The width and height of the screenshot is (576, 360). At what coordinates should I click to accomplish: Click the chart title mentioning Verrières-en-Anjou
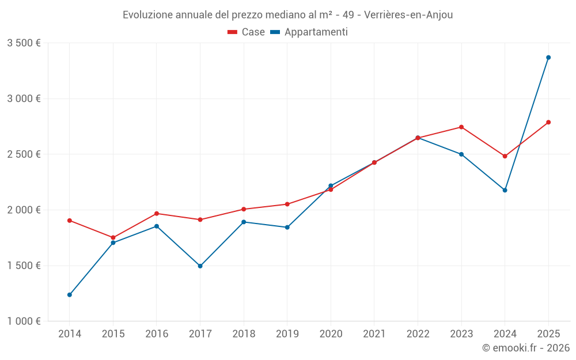(287, 14)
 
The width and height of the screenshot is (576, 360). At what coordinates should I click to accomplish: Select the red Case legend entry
(246, 32)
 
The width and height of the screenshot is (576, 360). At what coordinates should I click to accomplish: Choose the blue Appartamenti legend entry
(309, 32)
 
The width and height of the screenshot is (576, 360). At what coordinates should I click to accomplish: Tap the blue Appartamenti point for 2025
(548, 58)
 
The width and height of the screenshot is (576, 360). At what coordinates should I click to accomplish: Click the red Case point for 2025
(548, 122)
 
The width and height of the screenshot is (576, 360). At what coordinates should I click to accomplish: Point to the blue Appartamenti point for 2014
(70, 295)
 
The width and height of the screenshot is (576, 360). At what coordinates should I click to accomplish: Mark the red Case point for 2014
(70, 221)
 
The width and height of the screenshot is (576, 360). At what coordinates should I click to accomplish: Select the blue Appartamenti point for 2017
(200, 266)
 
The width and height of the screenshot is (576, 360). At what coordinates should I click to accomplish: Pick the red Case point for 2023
(461, 127)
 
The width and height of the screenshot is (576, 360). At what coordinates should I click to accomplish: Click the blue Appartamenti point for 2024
(505, 190)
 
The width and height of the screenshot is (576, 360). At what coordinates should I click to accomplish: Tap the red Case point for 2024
(505, 156)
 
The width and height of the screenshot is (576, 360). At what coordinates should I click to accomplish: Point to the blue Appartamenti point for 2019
(287, 228)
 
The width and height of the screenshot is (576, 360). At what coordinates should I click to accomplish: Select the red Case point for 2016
(157, 214)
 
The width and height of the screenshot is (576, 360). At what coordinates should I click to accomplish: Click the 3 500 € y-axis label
(24, 43)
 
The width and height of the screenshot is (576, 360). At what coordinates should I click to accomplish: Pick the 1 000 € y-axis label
(24, 321)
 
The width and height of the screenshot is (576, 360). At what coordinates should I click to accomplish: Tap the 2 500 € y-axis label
(24, 154)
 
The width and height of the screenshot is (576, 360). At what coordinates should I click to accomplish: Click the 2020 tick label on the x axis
(331, 334)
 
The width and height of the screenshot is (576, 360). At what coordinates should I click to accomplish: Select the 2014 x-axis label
(70, 334)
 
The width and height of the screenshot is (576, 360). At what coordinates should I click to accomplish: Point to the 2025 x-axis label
(548, 334)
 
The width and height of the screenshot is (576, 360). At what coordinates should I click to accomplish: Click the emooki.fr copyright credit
(526, 348)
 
